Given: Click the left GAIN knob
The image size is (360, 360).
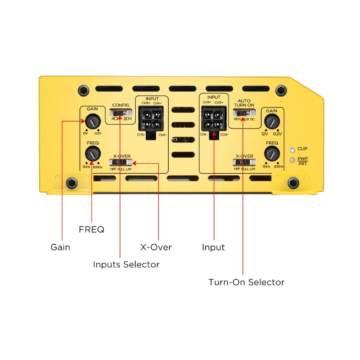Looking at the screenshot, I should (93, 122).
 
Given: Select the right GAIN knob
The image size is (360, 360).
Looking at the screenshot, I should (272, 122).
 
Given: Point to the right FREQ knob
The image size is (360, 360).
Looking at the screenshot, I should (272, 154).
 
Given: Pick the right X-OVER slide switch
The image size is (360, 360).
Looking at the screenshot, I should (244, 162).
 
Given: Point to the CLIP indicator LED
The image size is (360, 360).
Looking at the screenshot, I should (293, 149).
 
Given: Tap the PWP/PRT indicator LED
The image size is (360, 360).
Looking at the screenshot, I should (293, 160).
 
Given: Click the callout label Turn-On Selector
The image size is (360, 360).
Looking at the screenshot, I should (247, 282).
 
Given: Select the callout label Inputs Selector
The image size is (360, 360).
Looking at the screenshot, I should (126, 265).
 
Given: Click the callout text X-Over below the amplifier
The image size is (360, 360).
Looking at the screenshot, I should (156, 247).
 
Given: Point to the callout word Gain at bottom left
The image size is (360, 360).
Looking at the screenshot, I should (60, 247).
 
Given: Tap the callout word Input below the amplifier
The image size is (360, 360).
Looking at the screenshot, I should (213, 247).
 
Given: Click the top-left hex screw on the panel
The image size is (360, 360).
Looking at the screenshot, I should (84, 90).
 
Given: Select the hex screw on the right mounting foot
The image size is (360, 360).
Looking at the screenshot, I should (293, 183).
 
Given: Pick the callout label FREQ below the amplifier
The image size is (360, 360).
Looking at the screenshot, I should (91, 229).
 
